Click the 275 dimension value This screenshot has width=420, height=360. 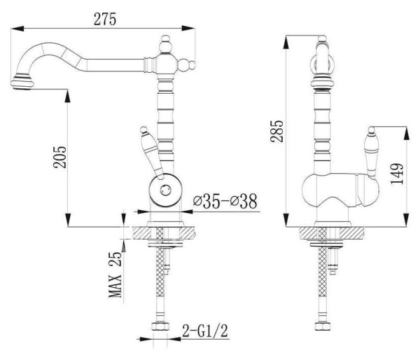click(105, 20)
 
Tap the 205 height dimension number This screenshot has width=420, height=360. click(59, 157)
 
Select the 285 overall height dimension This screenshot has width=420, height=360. click(276, 131)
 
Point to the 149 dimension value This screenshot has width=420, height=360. click(397, 174)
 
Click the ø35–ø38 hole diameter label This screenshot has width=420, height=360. click(225, 201)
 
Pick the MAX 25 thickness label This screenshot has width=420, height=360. click(115, 275)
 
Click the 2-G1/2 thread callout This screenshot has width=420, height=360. click(205, 331)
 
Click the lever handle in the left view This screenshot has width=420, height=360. click(151, 153)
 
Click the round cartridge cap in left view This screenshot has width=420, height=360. click(165, 191)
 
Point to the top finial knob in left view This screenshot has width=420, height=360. click(164, 44)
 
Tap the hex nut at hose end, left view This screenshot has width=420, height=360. click(160, 326)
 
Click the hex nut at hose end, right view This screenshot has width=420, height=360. click(323, 326)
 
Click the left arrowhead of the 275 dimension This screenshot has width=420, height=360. click(17, 29)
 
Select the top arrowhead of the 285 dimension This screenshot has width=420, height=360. click(286, 42)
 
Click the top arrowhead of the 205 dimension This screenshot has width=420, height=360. click(68, 96)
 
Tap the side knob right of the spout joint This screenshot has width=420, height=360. click(186, 65)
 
